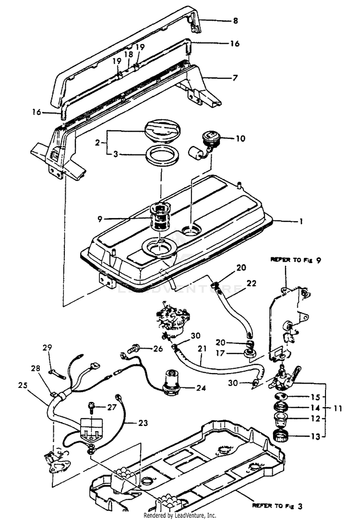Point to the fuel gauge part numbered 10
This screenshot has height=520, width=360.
[x=211, y=139]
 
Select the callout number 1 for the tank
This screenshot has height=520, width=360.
[x=301, y=222]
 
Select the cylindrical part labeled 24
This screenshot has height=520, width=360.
[x=171, y=382]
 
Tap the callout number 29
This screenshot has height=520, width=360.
[x=47, y=347]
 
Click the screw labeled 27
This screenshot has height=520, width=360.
[x=94, y=407]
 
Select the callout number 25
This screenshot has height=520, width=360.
[x=23, y=385]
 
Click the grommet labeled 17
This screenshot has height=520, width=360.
[x=248, y=354]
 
